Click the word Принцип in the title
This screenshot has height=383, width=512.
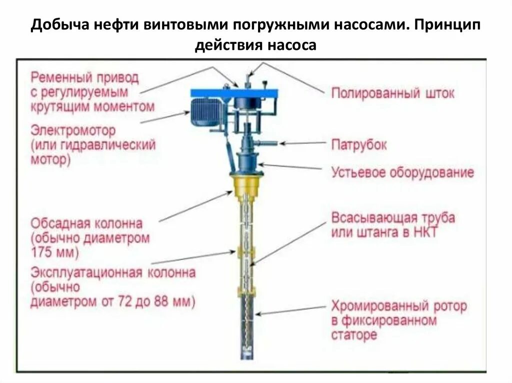(x=446, y=25)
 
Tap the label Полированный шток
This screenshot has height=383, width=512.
(x=393, y=93)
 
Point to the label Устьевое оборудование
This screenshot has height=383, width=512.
(x=402, y=173)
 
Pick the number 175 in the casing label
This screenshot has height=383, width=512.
(x=41, y=252)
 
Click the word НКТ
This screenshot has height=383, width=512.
(x=423, y=233)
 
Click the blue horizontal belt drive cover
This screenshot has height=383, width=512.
(x=234, y=92)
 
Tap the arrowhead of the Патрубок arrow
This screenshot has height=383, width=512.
(x=281, y=143)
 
